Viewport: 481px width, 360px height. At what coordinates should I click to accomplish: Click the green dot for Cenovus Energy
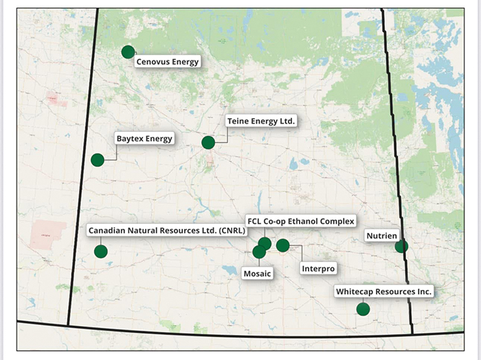click(128, 52)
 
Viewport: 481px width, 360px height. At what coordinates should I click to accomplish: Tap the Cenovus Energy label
click(167, 62)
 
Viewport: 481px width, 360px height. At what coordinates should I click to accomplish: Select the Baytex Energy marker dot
click(98, 160)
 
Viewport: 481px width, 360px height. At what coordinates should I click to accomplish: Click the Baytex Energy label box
click(144, 139)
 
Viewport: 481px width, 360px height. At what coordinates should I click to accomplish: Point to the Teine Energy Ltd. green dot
click(208, 142)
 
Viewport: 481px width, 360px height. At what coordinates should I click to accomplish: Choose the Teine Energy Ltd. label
click(261, 122)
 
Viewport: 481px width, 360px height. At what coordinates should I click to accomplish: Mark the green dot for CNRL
click(101, 251)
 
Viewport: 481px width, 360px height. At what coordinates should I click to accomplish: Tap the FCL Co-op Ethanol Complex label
click(300, 221)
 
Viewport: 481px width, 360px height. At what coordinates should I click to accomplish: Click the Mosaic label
click(258, 274)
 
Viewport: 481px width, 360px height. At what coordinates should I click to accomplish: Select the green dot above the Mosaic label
click(259, 252)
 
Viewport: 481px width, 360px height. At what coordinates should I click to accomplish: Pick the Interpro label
click(318, 268)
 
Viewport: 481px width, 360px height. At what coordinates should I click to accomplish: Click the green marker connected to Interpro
click(282, 245)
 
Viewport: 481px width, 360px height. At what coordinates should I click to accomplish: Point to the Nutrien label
click(381, 236)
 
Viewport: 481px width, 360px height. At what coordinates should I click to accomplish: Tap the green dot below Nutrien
click(401, 246)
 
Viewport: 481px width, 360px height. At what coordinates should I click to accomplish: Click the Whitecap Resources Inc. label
click(383, 292)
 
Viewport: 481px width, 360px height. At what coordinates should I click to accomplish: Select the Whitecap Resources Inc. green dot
click(363, 309)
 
